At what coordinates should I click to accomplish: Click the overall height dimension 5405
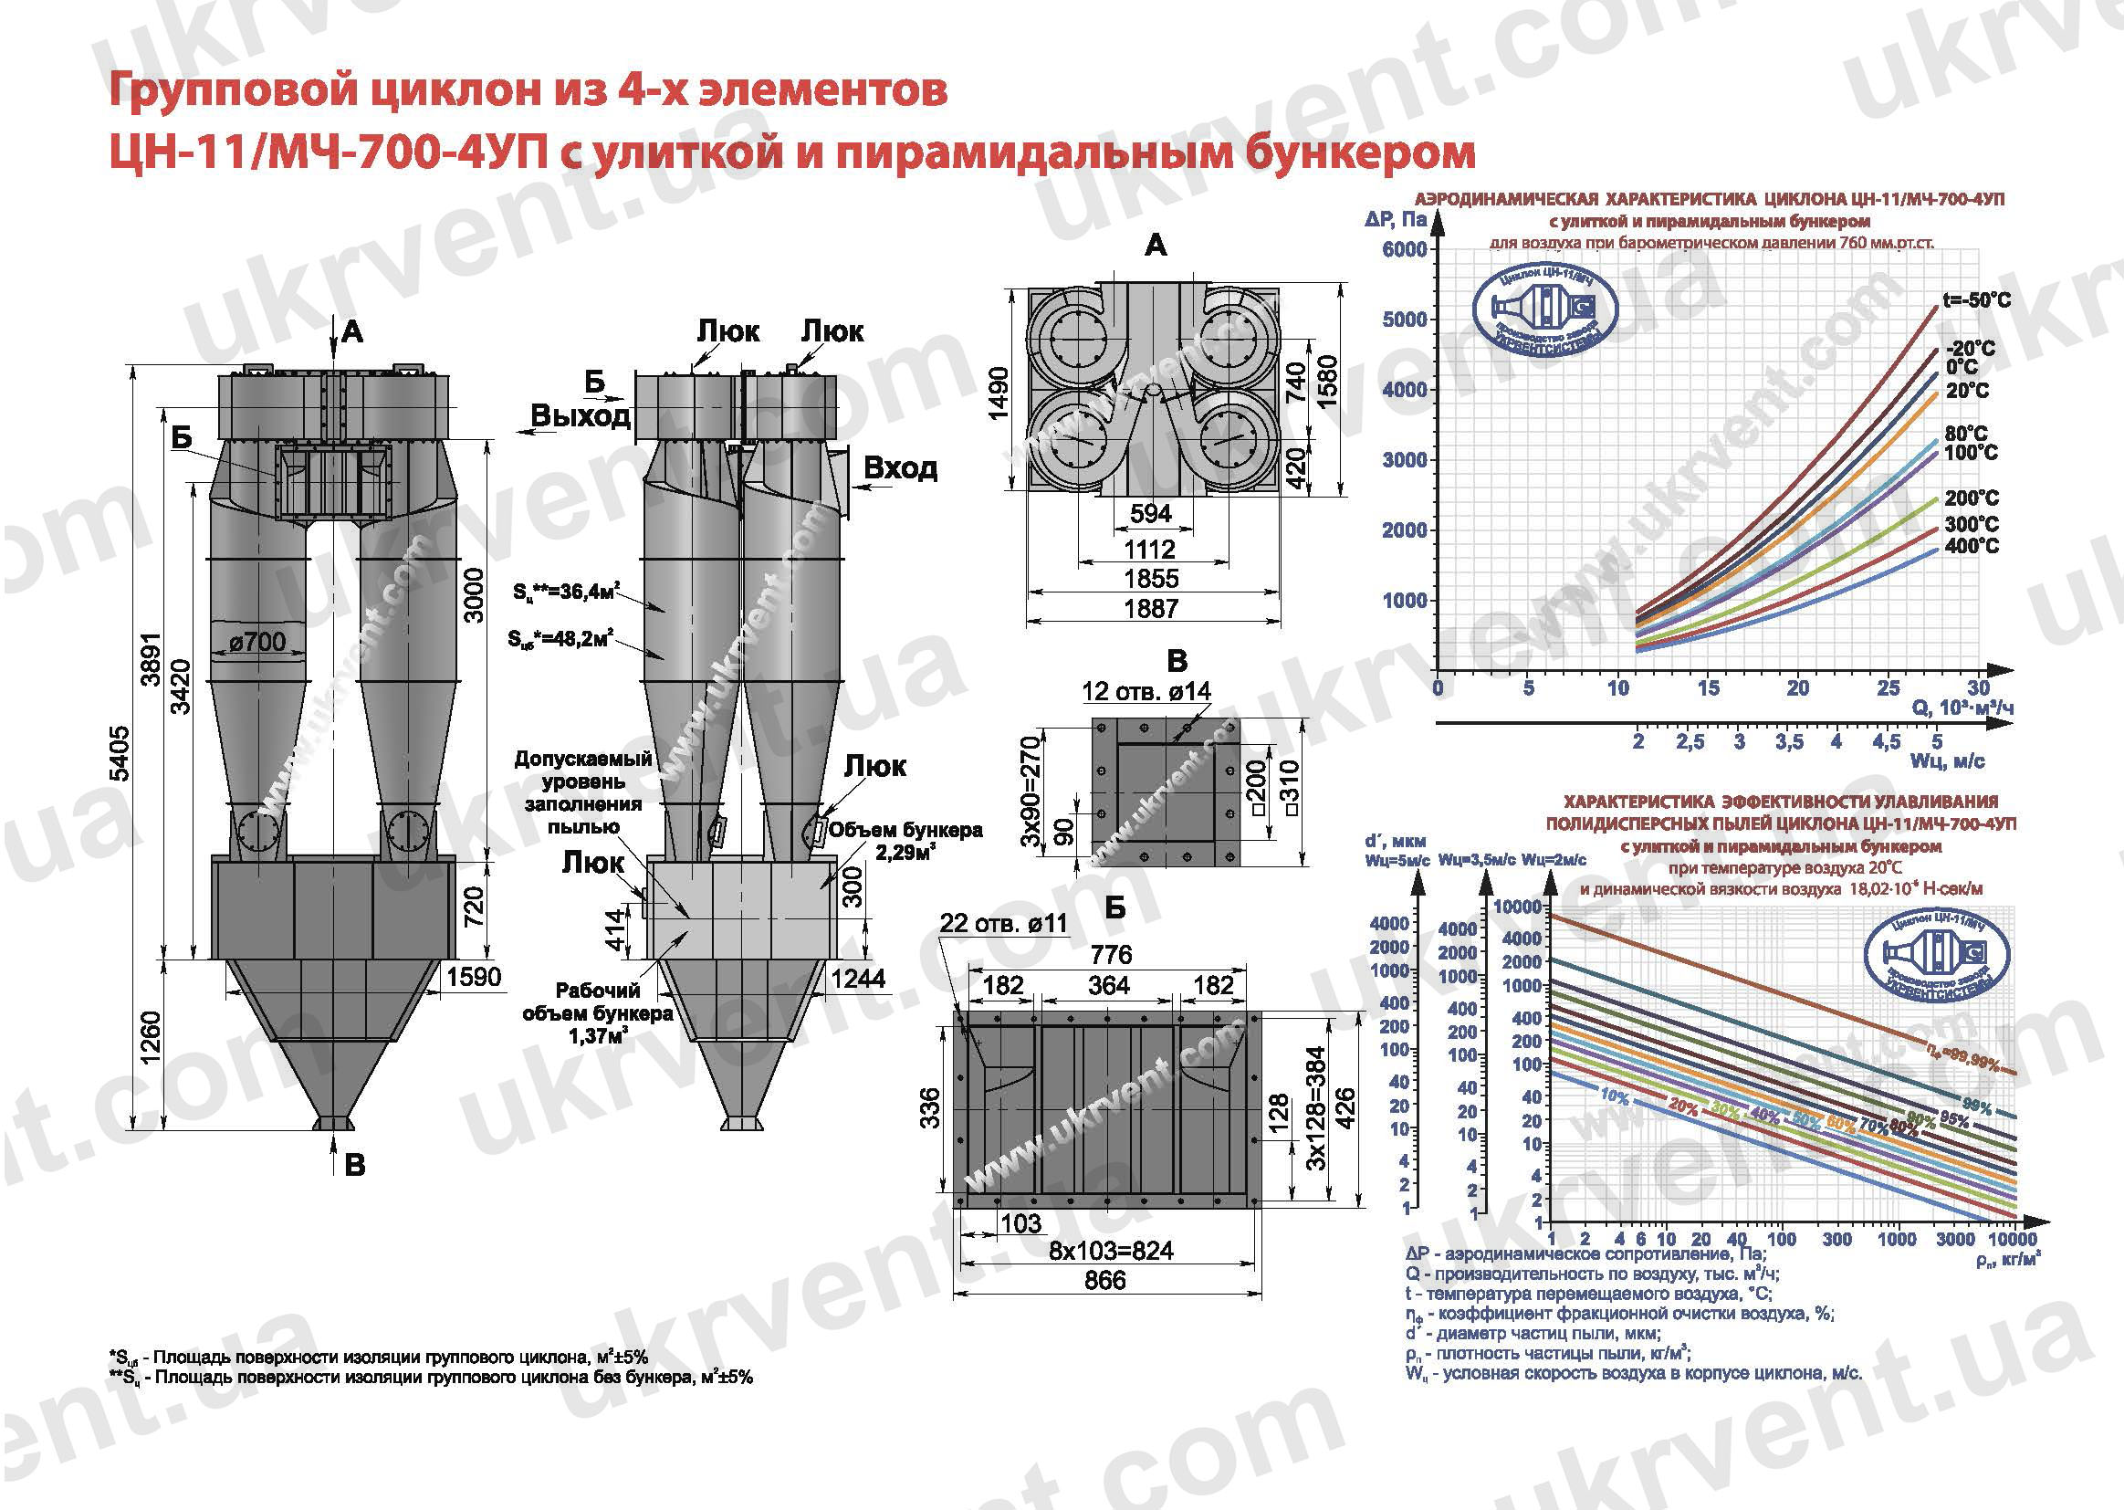click(120, 753)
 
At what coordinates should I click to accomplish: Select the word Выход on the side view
click(581, 415)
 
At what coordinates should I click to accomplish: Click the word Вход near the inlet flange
click(900, 467)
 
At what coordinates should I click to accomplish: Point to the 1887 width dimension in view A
click(1151, 609)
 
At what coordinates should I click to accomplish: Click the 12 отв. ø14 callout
click(1146, 691)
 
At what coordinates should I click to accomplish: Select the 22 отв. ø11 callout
click(1004, 923)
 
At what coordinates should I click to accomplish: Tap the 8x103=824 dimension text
click(1111, 1251)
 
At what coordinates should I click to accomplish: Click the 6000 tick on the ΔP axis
click(1404, 249)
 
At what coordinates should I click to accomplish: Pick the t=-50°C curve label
click(1976, 300)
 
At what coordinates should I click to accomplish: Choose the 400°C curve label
click(1971, 546)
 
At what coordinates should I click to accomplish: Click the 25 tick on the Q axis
click(1888, 688)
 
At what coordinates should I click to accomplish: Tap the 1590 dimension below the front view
click(473, 977)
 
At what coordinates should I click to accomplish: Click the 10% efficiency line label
click(1615, 1097)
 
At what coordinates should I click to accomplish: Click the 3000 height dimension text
click(473, 596)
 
